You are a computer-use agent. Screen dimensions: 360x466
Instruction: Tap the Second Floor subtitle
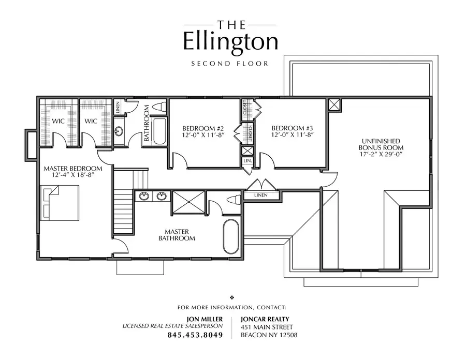pos(230,64)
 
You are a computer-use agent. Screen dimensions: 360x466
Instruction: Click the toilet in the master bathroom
pos(234,200)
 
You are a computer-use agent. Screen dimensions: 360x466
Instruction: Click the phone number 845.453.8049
pos(195,335)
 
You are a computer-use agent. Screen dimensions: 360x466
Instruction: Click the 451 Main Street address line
pos(267,327)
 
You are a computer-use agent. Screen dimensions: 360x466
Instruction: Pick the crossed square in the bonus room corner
pos(334,104)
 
